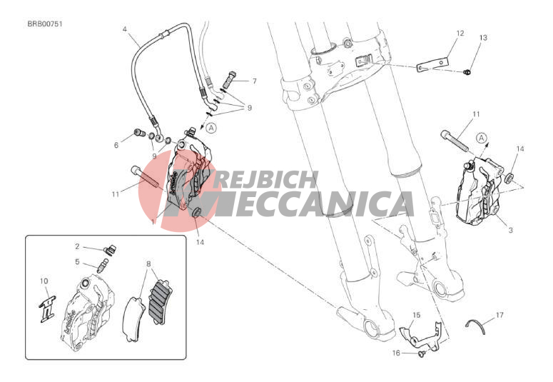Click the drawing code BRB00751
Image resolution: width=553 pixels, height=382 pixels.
click(x=45, y=24)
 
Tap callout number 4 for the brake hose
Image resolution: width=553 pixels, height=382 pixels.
click(x=124, y=29)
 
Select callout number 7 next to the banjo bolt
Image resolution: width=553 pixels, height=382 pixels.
click(x=254, y=81)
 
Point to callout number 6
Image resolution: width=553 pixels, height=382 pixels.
click(x=116, y=145)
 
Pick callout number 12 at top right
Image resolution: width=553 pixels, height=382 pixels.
click(x=460, y=33)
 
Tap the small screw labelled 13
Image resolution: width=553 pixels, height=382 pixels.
click(x=467, y=72)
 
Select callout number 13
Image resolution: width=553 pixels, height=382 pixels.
click(x=483, y=37)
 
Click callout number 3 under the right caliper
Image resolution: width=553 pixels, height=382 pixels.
click(x=510, y=230)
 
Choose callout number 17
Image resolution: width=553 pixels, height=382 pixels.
click(x=499, y=315)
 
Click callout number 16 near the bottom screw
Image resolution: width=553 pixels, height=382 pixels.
click(x=396, y=353)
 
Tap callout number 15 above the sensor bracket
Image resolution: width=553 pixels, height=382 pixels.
click(x=417, y=315)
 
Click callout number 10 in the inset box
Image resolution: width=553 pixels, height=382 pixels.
click(x=44, y=281)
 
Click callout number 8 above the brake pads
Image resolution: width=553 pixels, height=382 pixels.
click(x=148, y=263)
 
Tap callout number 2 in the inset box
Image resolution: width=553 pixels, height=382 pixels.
click(x=77, y=246)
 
